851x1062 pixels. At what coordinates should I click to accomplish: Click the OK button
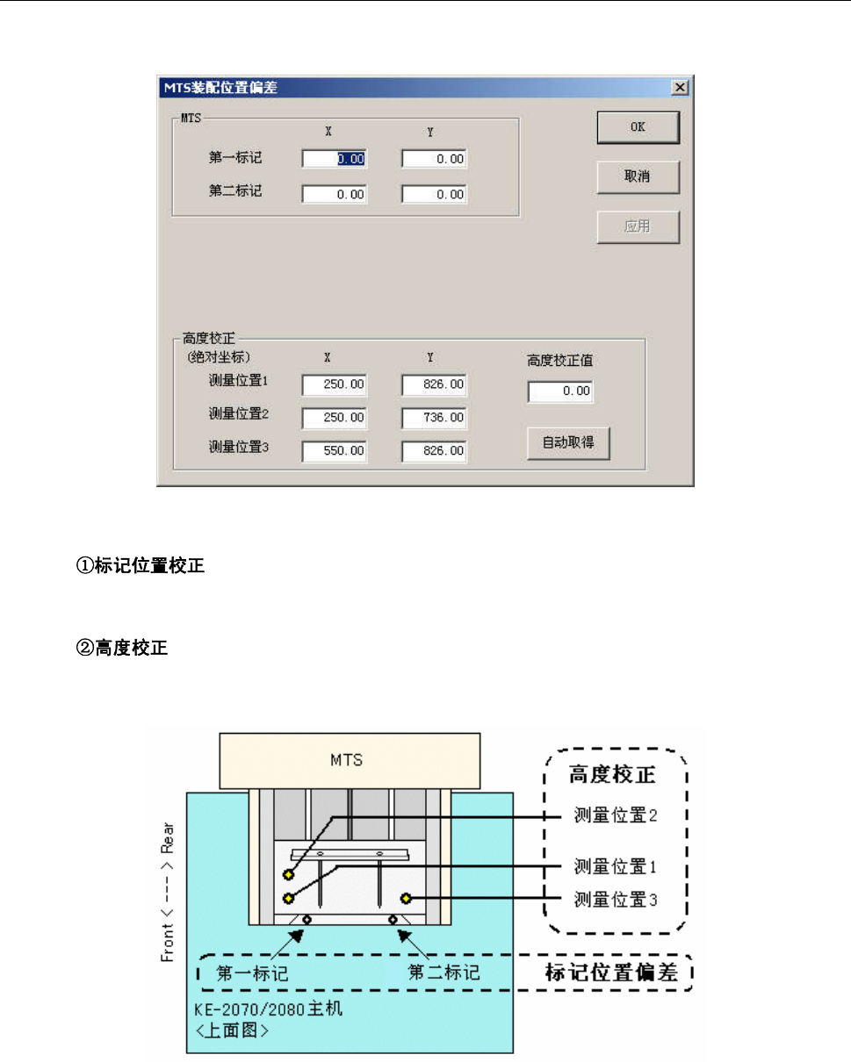(x=638, y=127)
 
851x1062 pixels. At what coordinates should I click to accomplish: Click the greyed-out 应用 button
(x=638, y=227)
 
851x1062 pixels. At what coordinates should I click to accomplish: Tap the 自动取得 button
(x=568, y=443)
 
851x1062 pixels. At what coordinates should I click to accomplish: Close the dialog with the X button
(x=679, y=87)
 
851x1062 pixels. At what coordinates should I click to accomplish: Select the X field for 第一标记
(x=335, y=159)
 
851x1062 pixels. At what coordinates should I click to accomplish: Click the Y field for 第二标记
(x=434, y=195)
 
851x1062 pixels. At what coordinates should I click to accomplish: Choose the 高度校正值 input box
(x=560, y=391)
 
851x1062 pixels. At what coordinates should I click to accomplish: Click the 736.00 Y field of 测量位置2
(x=434, y=419)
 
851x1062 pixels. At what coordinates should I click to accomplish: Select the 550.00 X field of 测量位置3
(x=335, y=452)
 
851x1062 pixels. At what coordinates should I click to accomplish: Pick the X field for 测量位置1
(x=335, y=385)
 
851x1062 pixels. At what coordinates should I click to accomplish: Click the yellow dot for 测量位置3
(x=407, y=898)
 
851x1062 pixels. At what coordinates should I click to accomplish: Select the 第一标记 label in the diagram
(x=252, y=974)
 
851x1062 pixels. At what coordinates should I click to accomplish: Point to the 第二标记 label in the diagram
(x=444, y=973)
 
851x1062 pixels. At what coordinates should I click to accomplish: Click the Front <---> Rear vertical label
(x=168, y=892)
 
